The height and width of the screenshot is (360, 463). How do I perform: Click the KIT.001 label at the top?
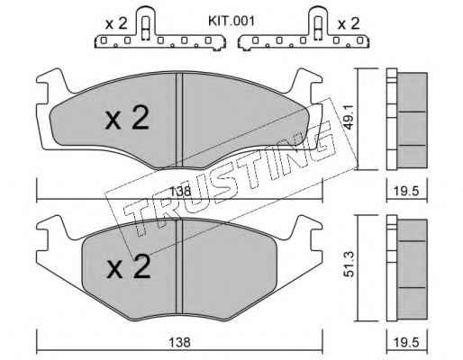pos(231,22)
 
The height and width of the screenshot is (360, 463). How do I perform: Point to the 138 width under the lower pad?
pos(179,342)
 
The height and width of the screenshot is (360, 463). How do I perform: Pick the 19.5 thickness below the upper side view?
pos(406,191)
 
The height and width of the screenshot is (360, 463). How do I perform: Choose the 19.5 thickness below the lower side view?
pos(406,342)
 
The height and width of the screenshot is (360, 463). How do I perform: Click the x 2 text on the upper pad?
pos(127,119)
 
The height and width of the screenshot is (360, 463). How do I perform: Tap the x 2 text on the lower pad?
pos(129,266)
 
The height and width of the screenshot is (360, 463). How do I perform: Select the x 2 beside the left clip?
pos(116,23)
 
